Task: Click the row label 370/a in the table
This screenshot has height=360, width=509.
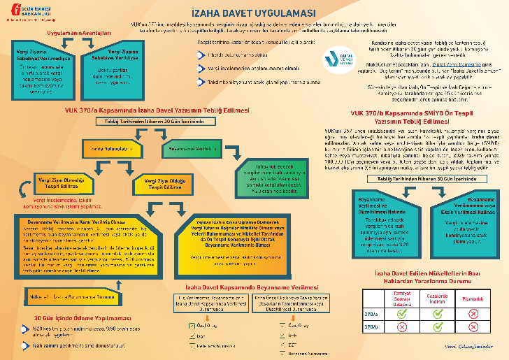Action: (x=371, y=314)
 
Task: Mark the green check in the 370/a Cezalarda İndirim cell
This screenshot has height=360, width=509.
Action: (x=438, y=314)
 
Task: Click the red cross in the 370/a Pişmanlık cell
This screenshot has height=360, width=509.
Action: (x=473, y=314)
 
